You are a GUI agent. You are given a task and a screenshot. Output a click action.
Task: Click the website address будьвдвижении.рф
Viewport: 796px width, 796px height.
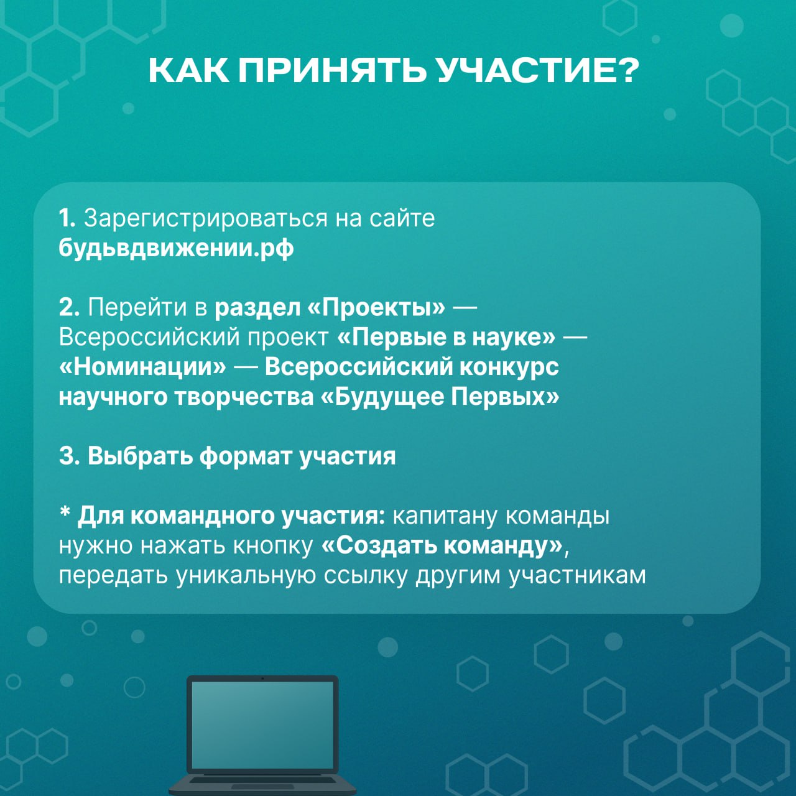[176, 248]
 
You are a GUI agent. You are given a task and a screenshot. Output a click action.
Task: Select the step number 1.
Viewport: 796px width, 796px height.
[67, 218]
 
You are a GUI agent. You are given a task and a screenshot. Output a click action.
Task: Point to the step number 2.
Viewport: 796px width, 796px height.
[69, 307]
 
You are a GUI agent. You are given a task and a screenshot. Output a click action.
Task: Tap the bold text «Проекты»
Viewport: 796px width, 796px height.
[377, 308]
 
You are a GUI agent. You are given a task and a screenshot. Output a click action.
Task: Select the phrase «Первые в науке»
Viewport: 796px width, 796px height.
[446, 337]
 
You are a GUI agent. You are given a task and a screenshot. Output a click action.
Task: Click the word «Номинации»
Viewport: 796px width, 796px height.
[142, 367]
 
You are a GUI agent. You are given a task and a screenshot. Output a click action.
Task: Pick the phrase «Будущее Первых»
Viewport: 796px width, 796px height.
[440, 397]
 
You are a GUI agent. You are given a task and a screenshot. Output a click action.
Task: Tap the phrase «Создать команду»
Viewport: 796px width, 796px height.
[442, 546]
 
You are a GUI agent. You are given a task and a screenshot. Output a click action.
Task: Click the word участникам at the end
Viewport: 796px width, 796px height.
[576, 576]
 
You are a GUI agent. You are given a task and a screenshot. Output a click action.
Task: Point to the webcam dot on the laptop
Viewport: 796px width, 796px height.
[262, 678]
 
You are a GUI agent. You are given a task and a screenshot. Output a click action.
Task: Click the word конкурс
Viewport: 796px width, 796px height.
[509, 368]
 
